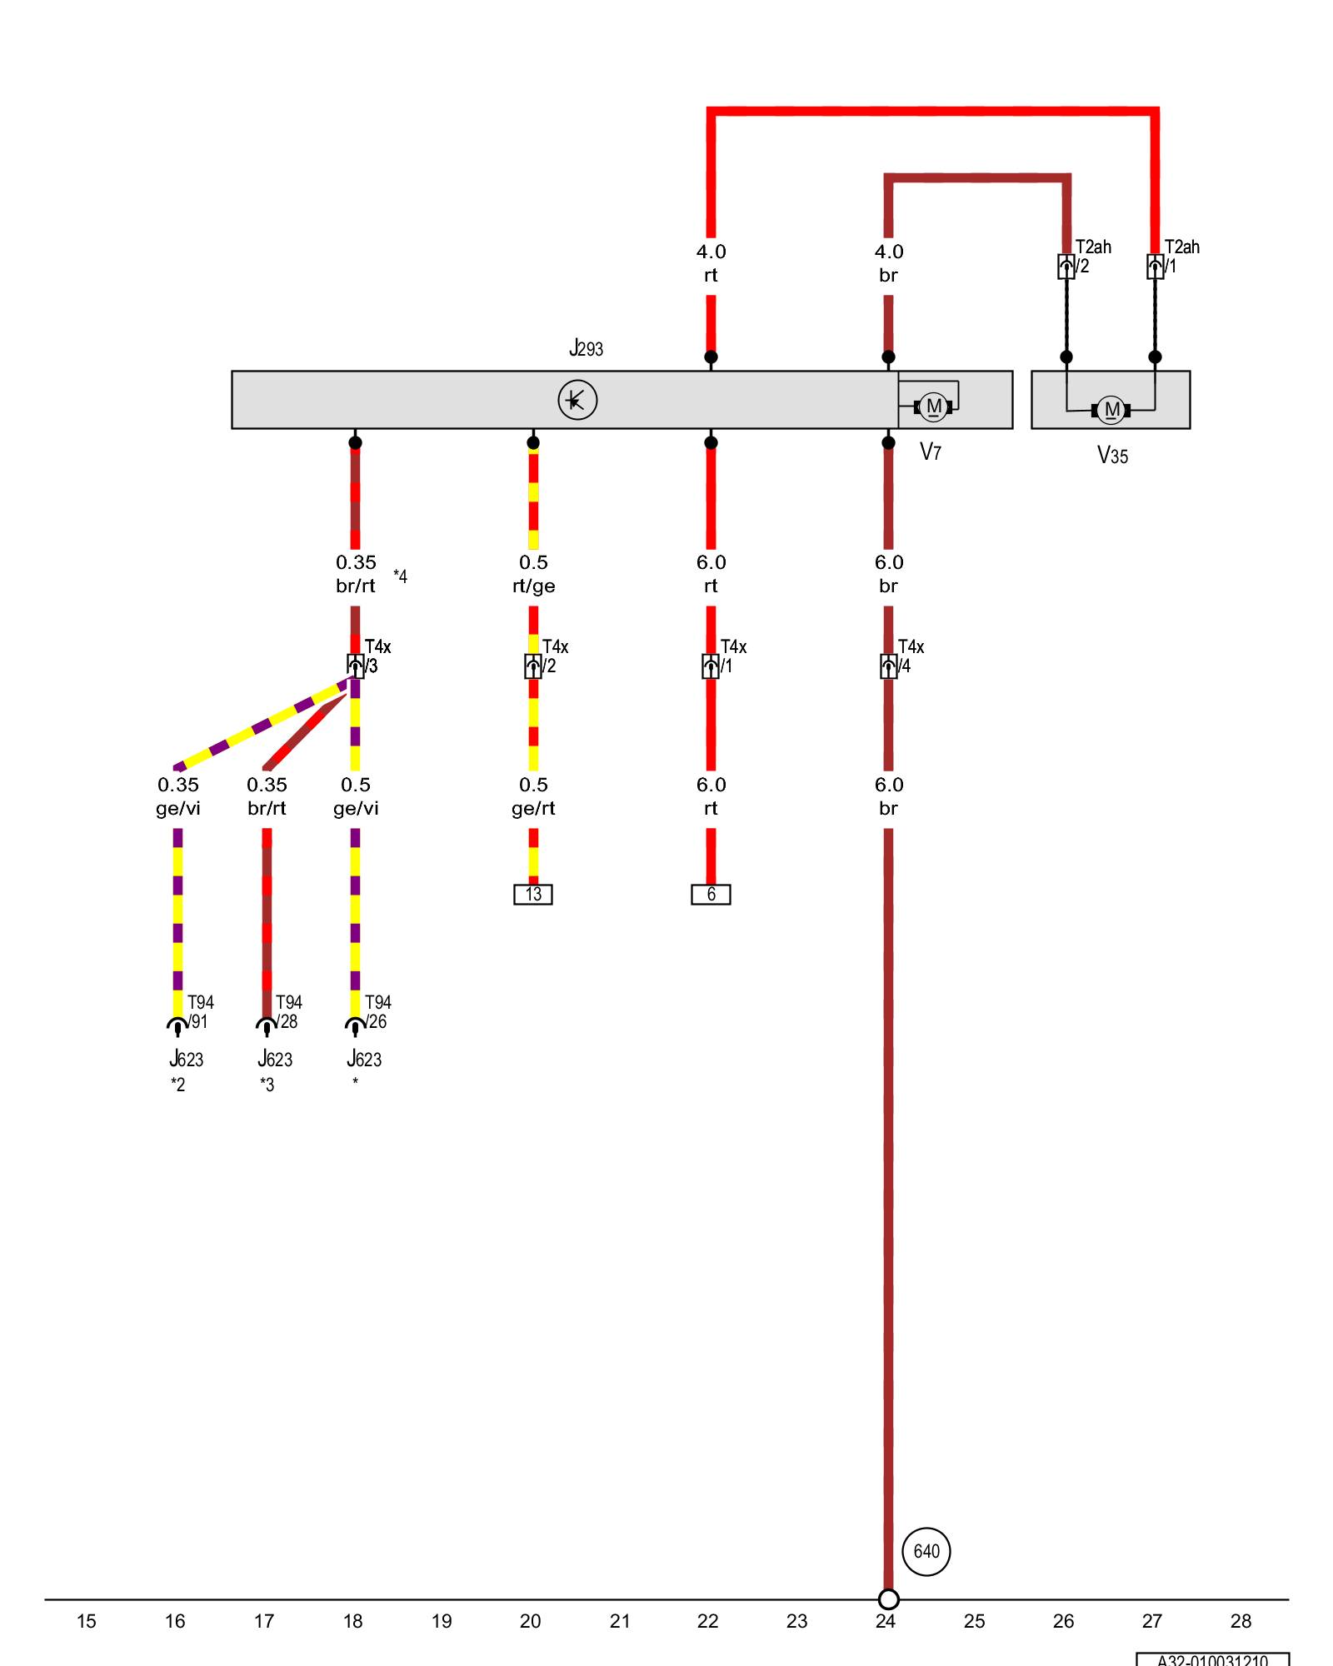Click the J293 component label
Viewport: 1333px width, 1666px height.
click(x=586, y=348)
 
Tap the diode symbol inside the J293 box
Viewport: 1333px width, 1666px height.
click(x=577, y=400)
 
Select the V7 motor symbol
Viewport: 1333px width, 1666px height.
click(x=933, y=407)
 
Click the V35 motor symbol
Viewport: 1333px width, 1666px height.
click(x=1111, y=410)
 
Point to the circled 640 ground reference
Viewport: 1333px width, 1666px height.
click(x=926, y=1551)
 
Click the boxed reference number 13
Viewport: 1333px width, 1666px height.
click(x=533, y=894)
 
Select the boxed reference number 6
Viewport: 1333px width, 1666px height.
click(x=711, y=894)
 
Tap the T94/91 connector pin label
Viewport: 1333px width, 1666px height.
click(x=200, y=1011)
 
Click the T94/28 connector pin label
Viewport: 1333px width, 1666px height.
click(x=288, y=1011)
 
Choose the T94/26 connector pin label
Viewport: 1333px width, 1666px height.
click(x=377, y=1011)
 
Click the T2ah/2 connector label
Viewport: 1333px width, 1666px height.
click(x=1091, y=256)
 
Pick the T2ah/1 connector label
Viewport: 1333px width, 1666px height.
click(x=1181, y=256)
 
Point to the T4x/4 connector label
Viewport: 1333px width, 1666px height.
click(x=910, y=656)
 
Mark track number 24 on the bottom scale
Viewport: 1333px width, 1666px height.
click(x=885, y=1621)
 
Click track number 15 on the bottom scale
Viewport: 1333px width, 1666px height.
click(x=86, y=1621)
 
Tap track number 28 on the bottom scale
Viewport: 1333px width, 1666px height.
click(x=1241, y=1621)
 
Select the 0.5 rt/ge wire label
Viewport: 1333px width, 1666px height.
click(x=533, y=574)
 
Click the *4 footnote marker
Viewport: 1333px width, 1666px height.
click(x=400, y=576)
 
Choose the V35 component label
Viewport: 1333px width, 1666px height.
click(x=1112, y=456)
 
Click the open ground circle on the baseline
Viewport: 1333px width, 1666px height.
click(x=888, y=1599)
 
